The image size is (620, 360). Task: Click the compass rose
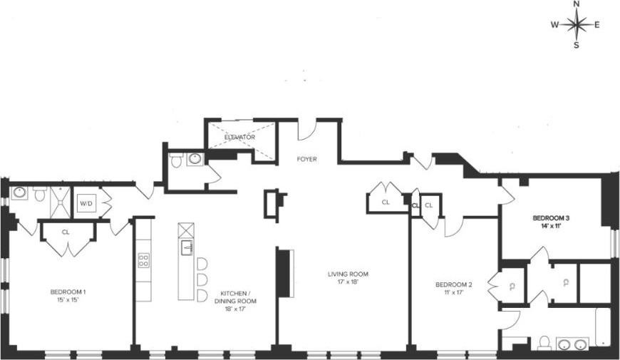coord(577,25)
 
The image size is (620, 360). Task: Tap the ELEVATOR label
coord(239,137)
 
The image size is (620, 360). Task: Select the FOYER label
coord(307,159)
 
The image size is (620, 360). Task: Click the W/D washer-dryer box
coord(86,204)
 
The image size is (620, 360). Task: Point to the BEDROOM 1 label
coord(68,292)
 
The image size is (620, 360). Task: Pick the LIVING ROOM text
coord(348,274)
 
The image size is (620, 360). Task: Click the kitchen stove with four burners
coord(143,259)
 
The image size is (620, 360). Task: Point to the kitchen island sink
coord(187,247)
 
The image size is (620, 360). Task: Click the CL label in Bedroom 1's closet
coord(66,232)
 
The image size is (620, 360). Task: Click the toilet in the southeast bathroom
coord(544,343)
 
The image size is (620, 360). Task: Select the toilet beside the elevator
coord(177,160)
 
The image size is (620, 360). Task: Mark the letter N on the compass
coord(577,4)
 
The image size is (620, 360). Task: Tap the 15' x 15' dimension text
coord(68,300)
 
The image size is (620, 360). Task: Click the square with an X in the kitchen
coord(186,230)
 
